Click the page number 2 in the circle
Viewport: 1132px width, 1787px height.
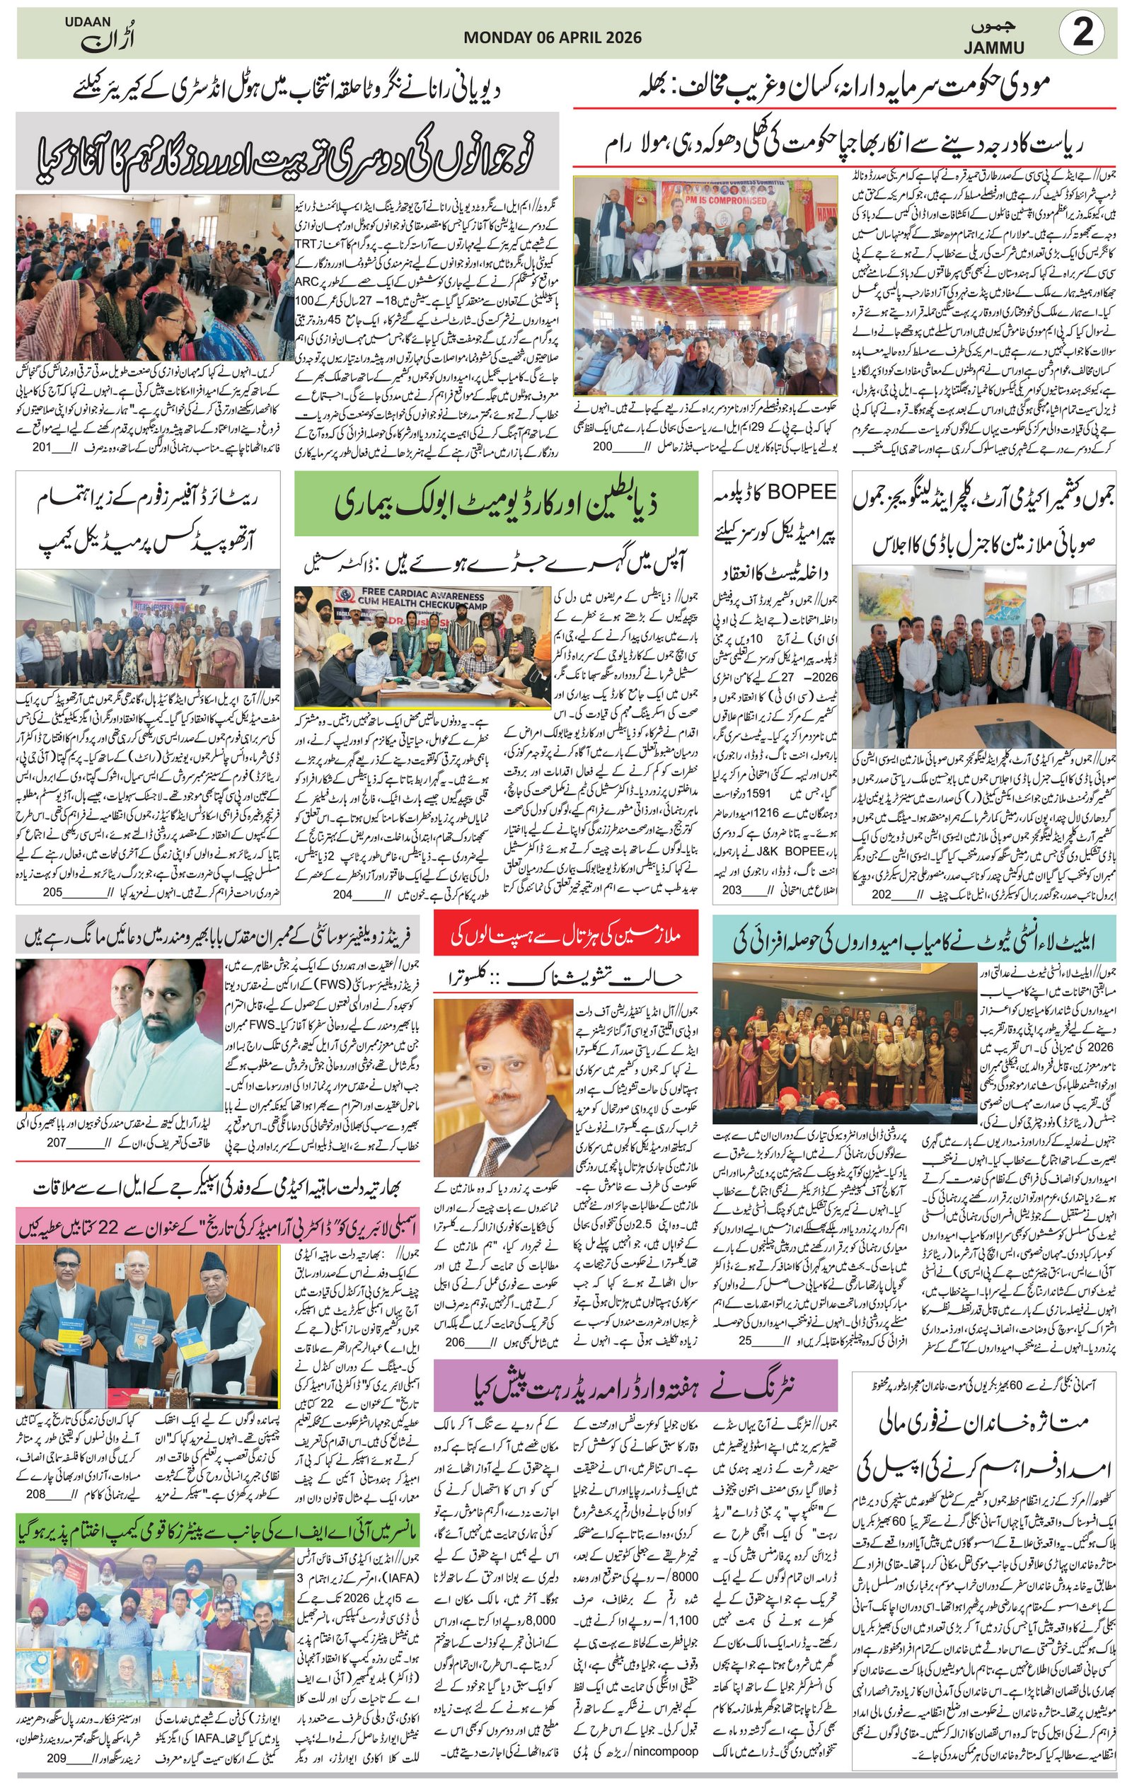pyautogui.click(x=1083, y=34)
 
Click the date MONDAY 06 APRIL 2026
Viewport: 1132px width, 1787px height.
pyautogui.click(x=553, y=37)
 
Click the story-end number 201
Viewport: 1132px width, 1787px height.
pyautogui.click(x=42, y=447)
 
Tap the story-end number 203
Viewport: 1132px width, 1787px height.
pyautogui.click(x=732, y=890)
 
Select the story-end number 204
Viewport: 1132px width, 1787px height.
pyautogui.click(x=342, y=894)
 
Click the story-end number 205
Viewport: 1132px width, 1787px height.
pyautogui.click(x=52, y=892)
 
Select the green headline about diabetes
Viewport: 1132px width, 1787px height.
pyautogui.click(x=496, y=504)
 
